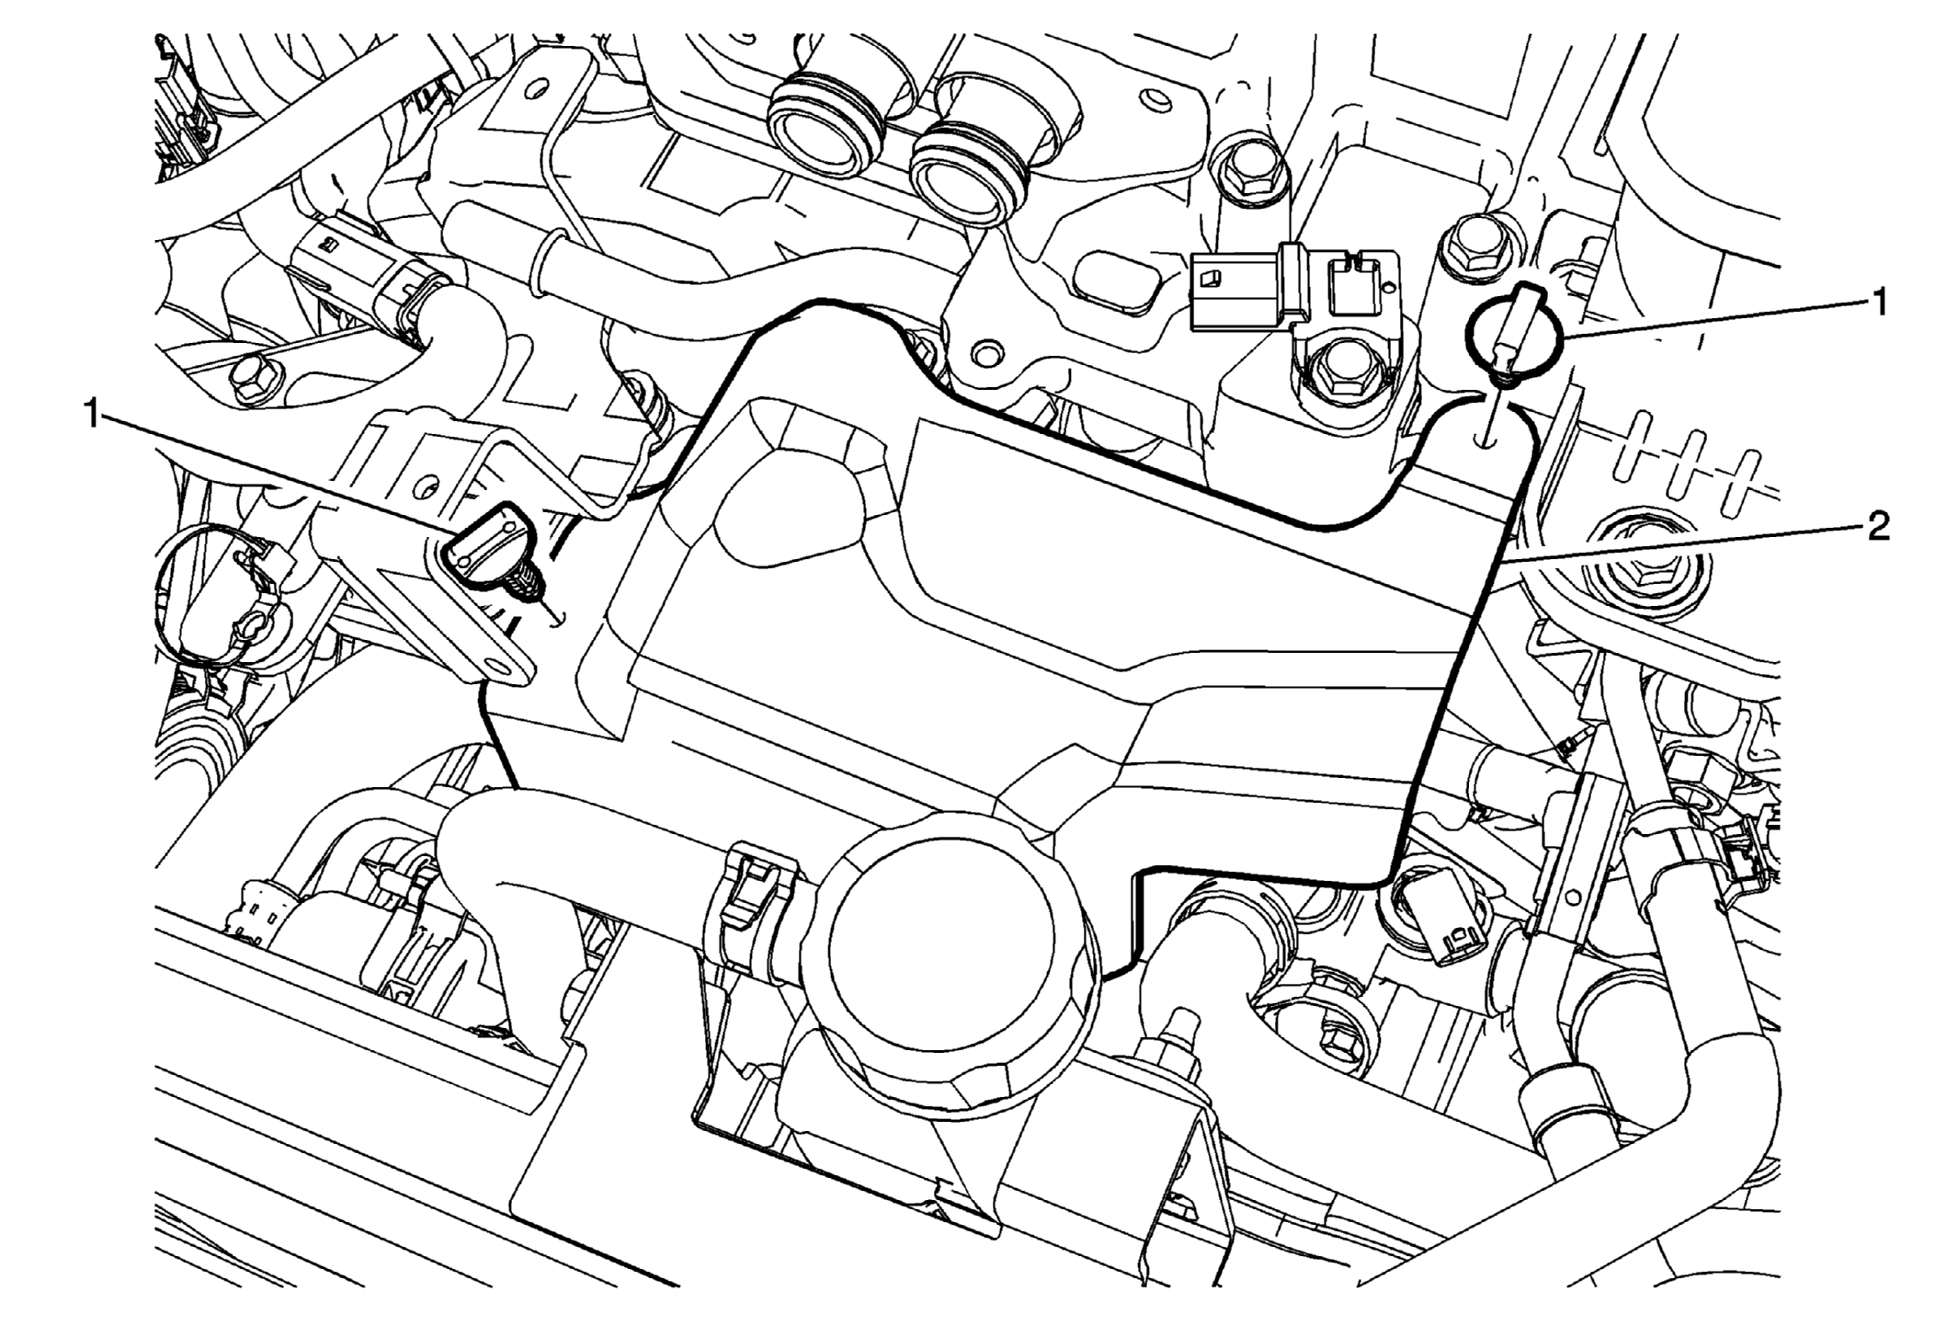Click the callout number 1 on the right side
pyautogui.click(x=1878, y=302)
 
